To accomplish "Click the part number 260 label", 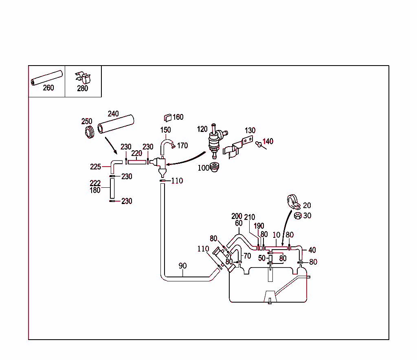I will tap(48, 88).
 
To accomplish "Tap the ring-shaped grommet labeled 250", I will tap(88, 132).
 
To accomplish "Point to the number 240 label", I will tap(113, 114).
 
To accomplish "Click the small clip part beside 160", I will tap(167, 118).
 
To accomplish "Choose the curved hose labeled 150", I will tap(165, 144).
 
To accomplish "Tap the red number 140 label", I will tap(268, 141).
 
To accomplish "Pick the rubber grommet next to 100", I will tap(214, 167).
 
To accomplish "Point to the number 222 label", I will tap(95, 183).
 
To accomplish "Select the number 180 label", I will tap(95, 190).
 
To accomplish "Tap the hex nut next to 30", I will tap(297, 216).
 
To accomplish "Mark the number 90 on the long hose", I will tap(182, 266).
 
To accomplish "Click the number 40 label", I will tap(312, 250).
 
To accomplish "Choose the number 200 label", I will tap(237, 216).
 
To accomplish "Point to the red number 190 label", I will tap(259, 226).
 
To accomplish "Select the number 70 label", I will tap(247, 256).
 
